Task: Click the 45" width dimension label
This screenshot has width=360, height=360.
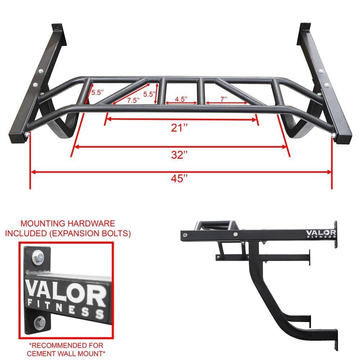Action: click(x=180, y=179)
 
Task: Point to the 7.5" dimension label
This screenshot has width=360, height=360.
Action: click(x=133, y=100)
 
